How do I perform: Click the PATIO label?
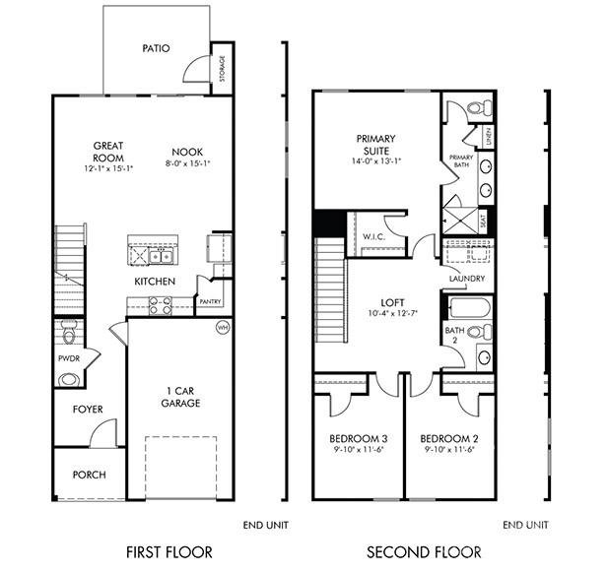pos(156,47)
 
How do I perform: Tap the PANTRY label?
pos(210,302)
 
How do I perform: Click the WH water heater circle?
pos(222,327)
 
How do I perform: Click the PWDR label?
pos(68,359)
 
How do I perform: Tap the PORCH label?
pos(89,475)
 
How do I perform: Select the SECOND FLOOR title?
pos(424,551)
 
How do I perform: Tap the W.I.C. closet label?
pos(372,236)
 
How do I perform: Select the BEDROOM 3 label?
pos(359,438)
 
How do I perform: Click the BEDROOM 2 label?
pos(449,438)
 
